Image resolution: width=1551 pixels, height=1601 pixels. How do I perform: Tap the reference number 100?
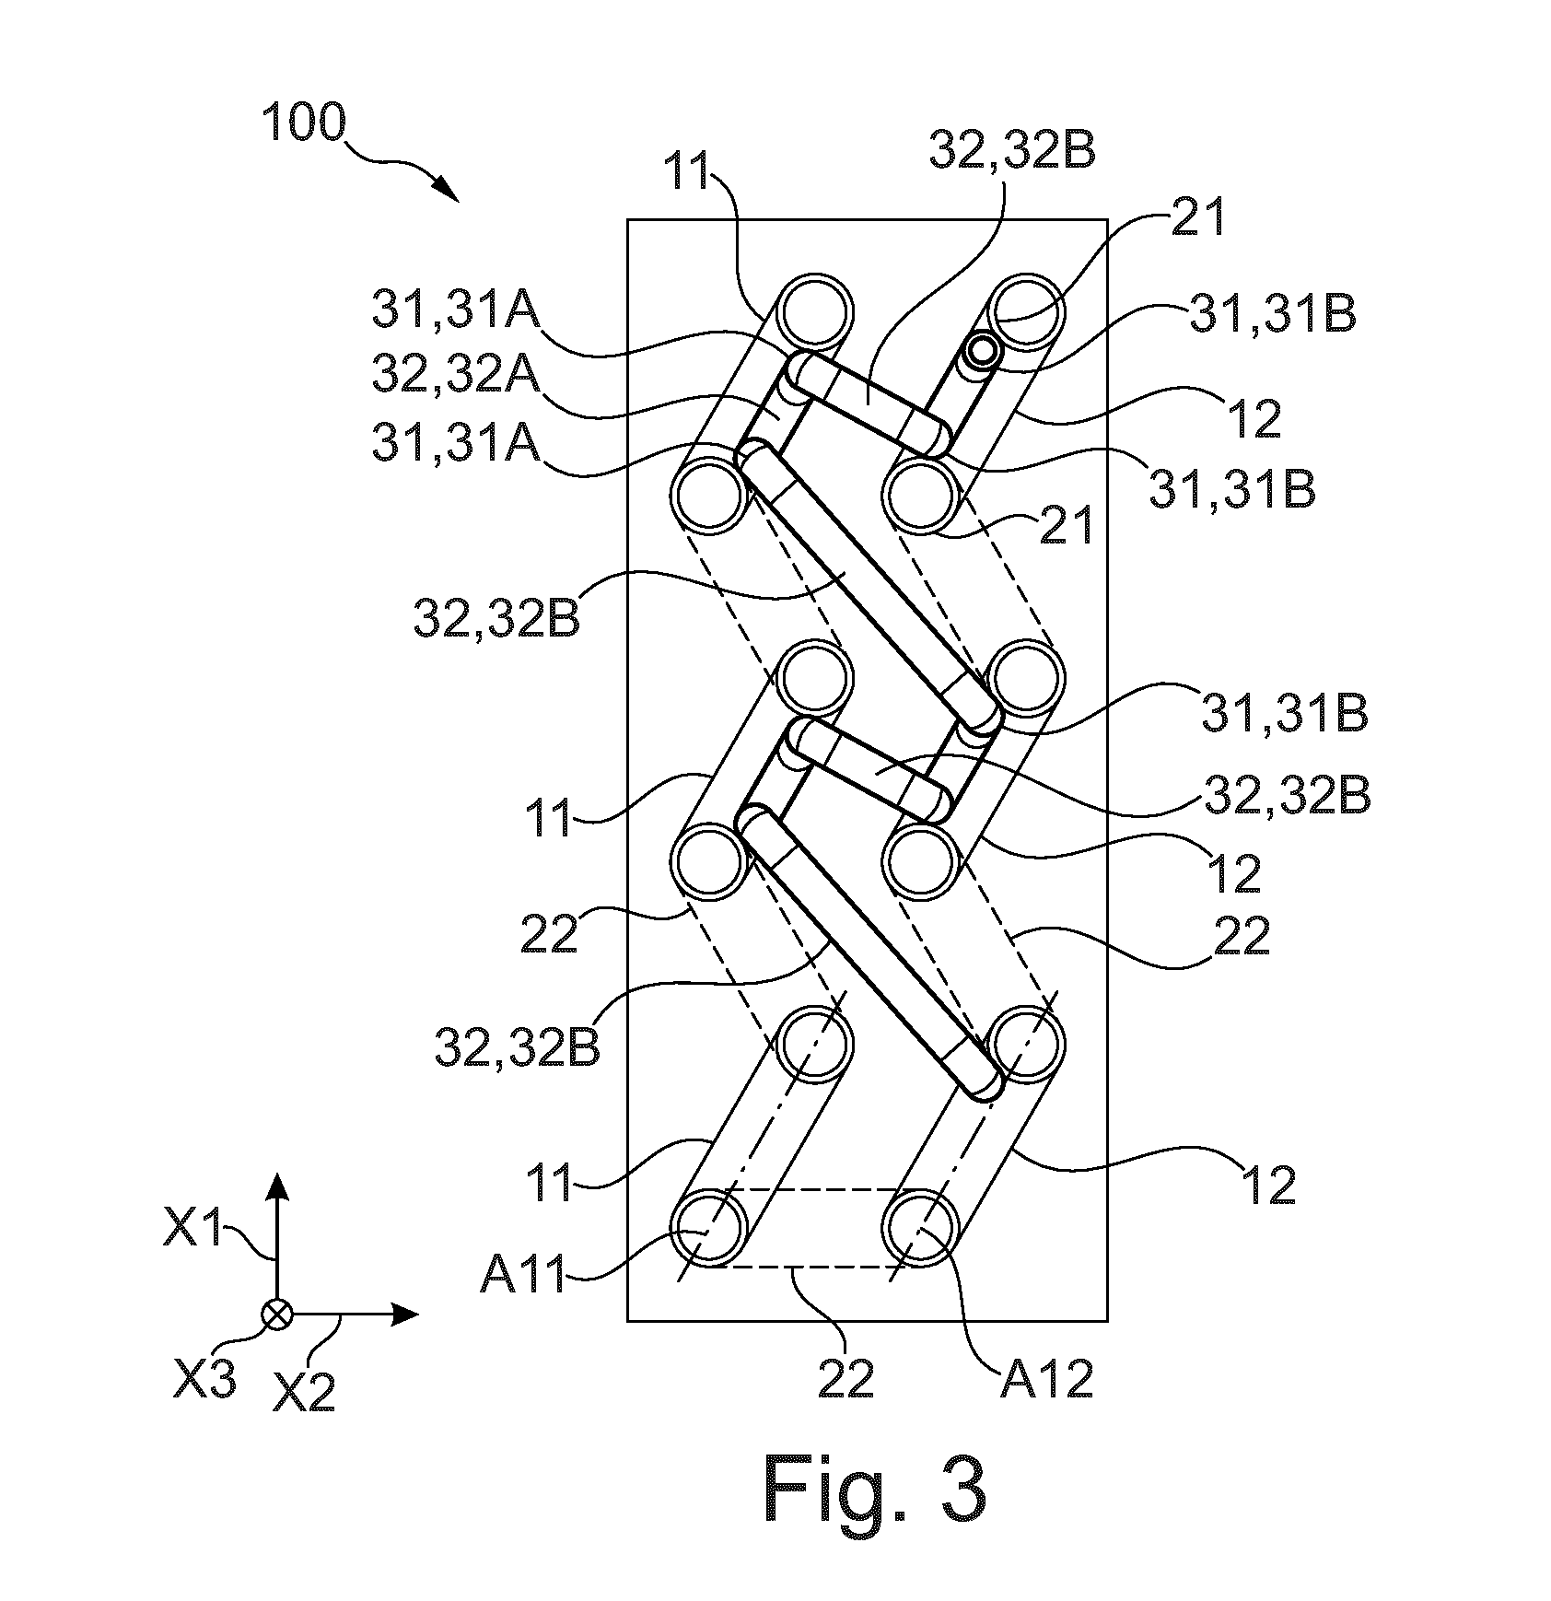pos(303,123)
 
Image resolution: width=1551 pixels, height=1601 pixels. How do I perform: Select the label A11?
pos(522,1280)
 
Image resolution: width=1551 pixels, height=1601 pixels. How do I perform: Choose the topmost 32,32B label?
pos(1012,152)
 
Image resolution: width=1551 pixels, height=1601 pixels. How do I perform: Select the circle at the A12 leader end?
pos(919,1229)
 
